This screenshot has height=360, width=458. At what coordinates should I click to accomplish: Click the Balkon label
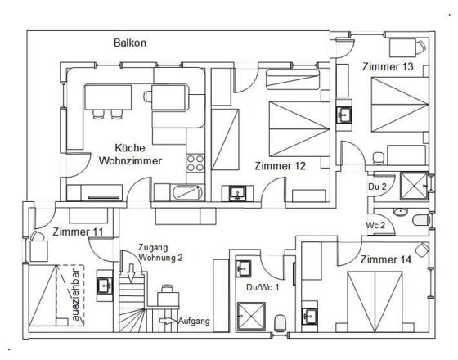(x=130, y=43)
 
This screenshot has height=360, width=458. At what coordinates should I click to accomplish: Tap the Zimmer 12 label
(x=280, y=166)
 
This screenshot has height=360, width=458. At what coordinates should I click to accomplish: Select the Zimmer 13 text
(x=388, y=66)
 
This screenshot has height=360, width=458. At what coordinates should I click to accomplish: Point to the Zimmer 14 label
(x=385, y=259)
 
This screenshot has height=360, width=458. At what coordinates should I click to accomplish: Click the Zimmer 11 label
(x=78, y=232)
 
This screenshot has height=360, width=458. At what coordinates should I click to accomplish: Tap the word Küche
(x=130, y=148)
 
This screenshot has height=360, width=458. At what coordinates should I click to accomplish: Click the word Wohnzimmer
(x=130, y=160)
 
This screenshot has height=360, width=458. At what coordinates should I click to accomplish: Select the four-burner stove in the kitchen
(x=195, y=163)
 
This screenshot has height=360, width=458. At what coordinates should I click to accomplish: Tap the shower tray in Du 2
(x=414, y=186)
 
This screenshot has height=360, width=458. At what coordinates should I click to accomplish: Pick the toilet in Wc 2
(x=421, y=220)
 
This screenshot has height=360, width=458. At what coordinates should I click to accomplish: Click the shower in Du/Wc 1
(x=251, y=316)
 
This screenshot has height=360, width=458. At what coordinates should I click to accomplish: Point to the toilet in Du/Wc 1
(x=280, y=323)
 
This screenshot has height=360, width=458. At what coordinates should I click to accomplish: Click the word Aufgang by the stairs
(x=194, y=321)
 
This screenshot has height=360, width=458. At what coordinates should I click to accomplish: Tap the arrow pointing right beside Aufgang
(x=168, y=321)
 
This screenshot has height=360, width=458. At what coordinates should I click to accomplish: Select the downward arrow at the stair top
(x=131, y=273)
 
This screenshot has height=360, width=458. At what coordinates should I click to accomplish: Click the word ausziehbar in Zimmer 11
(x=76, y=295)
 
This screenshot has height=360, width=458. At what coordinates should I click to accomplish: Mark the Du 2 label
(x=377, y=187)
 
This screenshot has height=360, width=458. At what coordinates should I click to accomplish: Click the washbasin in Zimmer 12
(x=237, y=193)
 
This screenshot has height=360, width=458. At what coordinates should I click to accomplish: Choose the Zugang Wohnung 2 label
(x=160, y=253)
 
